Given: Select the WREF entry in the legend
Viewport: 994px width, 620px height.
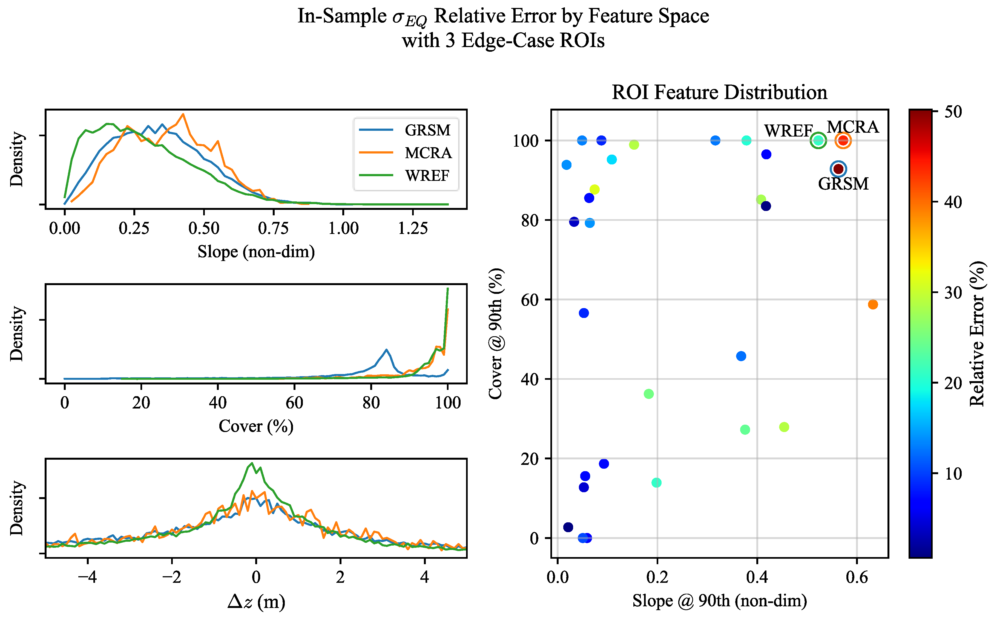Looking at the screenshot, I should [x=427, y=175].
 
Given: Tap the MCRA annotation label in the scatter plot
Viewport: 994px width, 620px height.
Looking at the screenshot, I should [x=852, y=127].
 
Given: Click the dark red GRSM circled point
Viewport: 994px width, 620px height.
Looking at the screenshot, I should [x=838, y=169].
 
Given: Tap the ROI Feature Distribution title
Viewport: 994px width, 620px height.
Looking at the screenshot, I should [x=719, y=92].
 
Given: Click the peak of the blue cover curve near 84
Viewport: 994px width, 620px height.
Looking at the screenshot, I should [x=386, y=350].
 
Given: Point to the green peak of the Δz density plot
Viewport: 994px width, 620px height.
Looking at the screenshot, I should [x=252, y=463].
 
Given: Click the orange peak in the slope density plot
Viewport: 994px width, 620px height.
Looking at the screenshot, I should [x=183, y=114].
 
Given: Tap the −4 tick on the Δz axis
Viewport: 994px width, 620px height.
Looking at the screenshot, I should [x=87, y=577].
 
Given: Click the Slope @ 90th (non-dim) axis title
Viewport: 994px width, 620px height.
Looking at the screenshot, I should [x=719, y=601].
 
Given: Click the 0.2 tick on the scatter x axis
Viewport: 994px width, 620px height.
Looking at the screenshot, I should [x=657, y=577].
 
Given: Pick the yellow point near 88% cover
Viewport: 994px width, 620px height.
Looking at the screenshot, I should [x=594, y=189].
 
